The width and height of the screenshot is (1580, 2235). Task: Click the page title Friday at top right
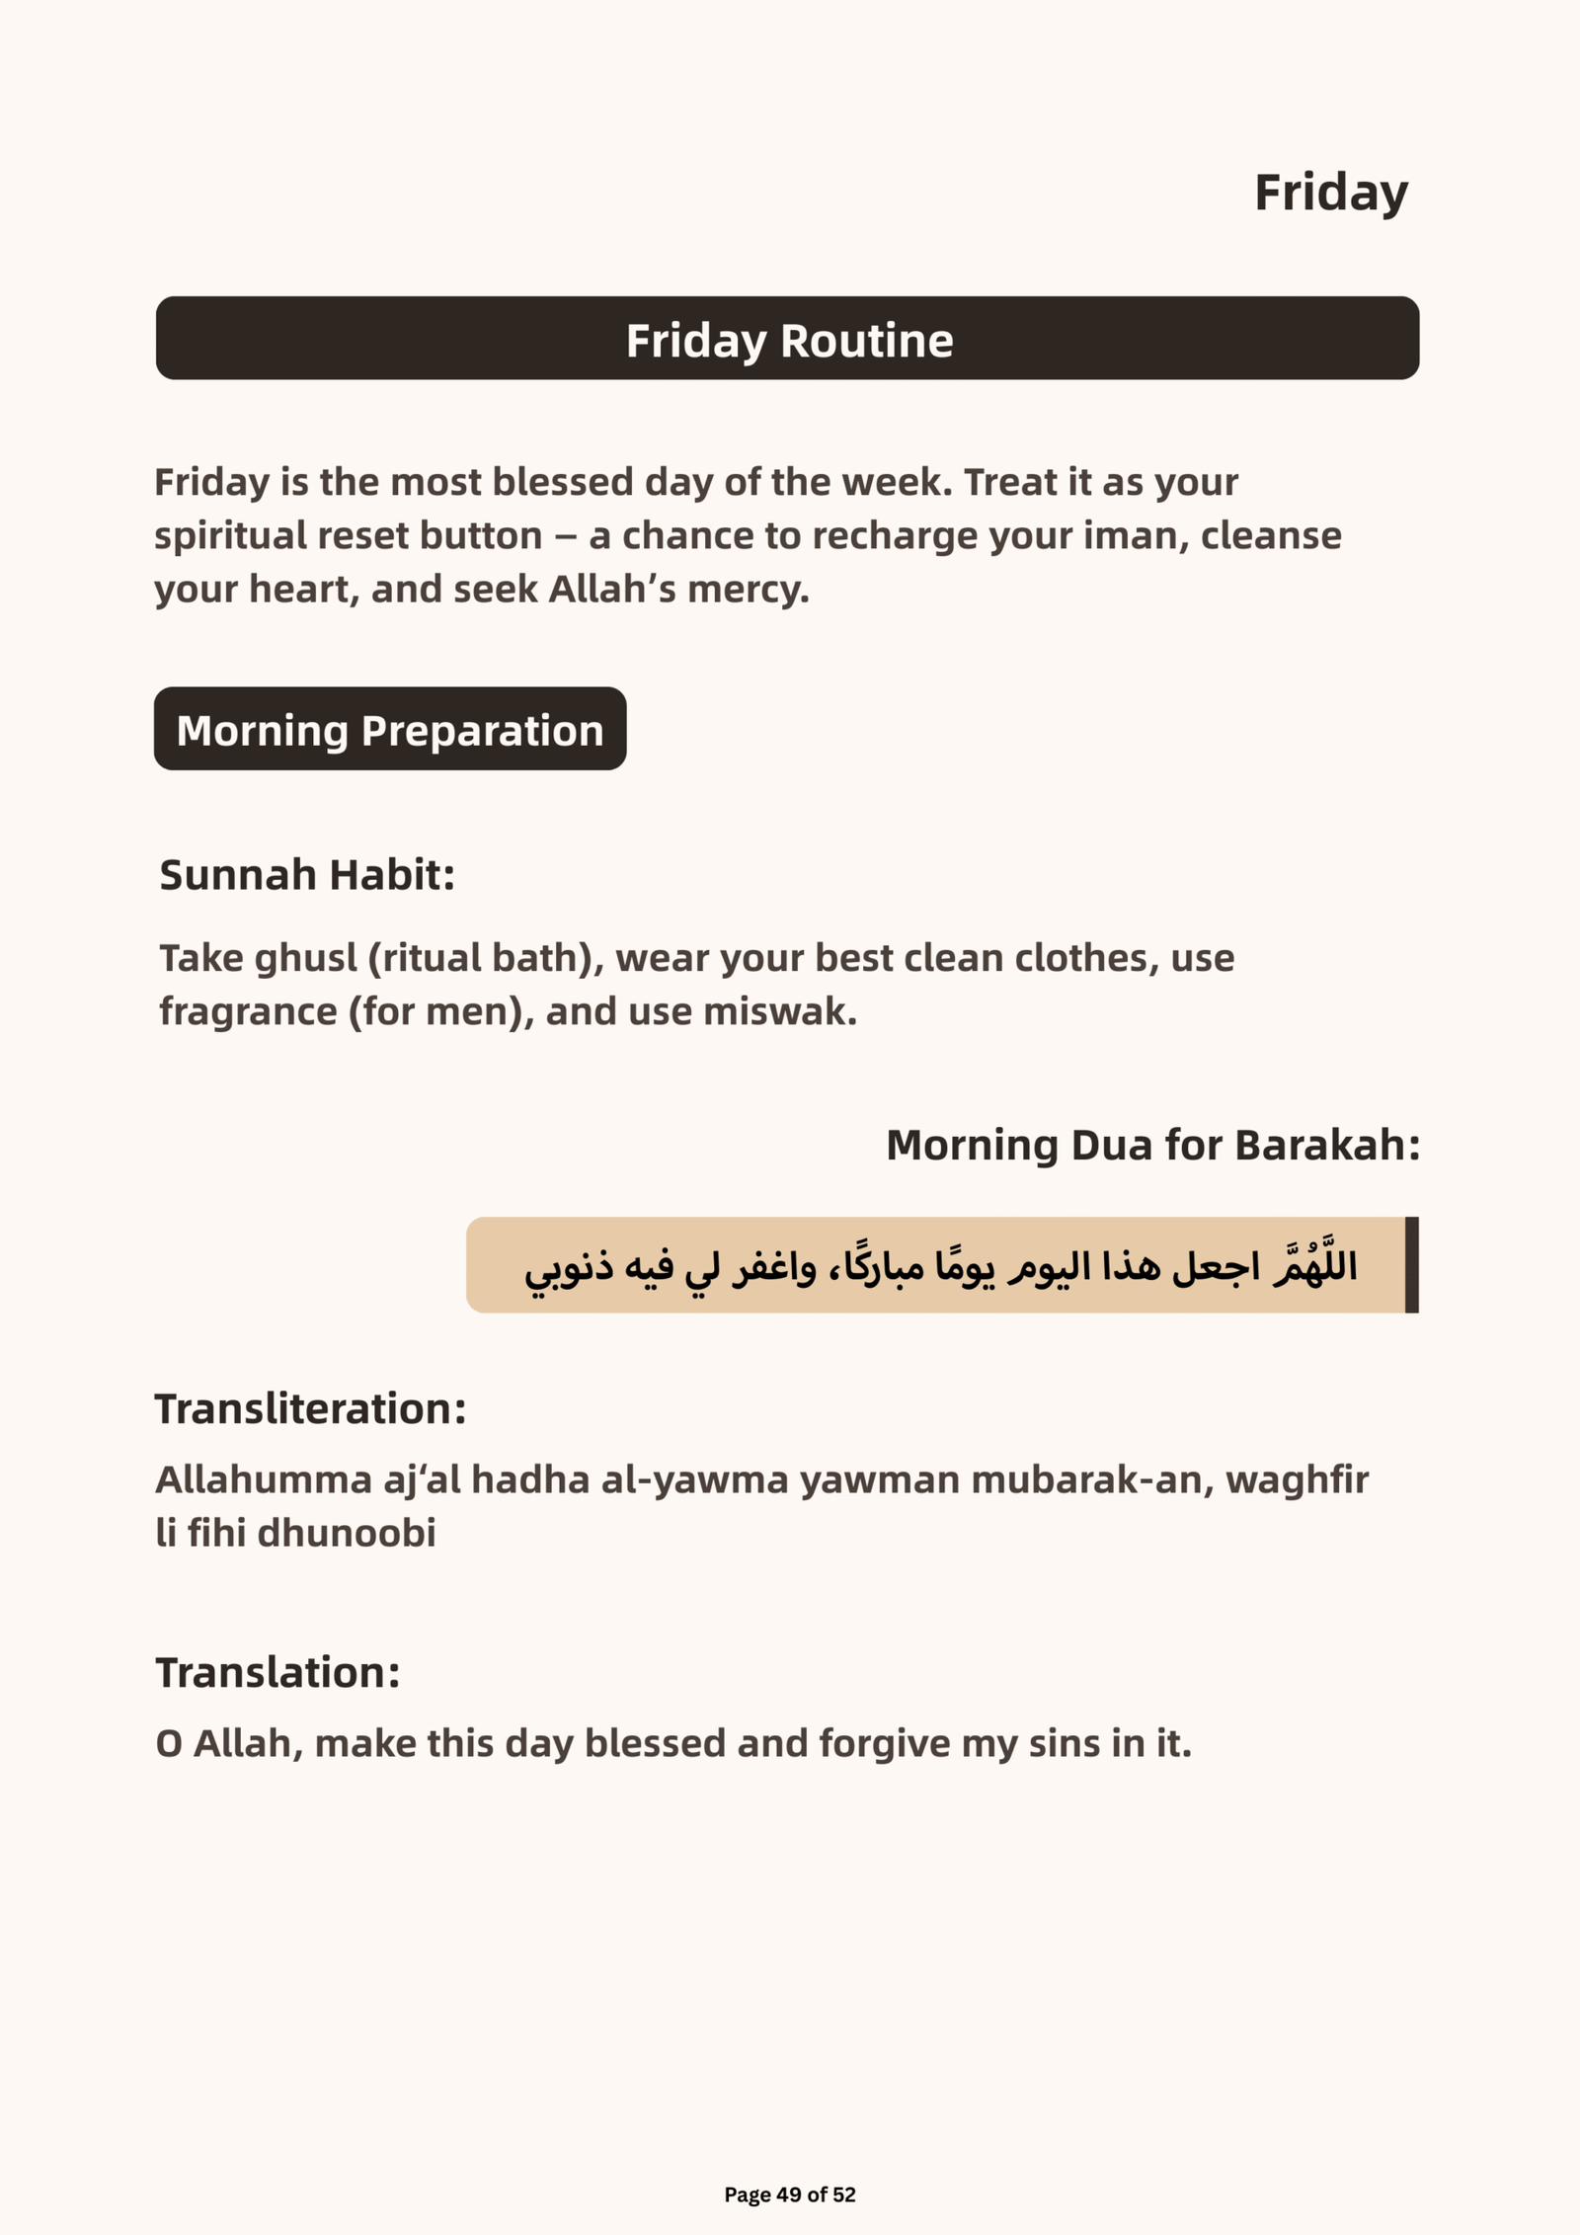[1330, 193]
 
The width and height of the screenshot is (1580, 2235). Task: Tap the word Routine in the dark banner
[866, 341]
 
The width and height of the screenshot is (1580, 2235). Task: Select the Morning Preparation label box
[390, 730]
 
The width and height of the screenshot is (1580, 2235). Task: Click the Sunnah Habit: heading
[307, 875]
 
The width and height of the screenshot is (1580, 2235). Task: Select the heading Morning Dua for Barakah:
[1152, 1145]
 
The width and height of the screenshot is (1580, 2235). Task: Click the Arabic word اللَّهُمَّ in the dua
[1315, 1264]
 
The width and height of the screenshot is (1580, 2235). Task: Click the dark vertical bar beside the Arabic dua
[1411, 1264]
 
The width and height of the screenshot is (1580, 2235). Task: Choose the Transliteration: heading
[310, 1408]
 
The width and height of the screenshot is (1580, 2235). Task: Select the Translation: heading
[277, 1673]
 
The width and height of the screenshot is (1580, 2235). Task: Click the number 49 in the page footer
[789, 2195]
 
